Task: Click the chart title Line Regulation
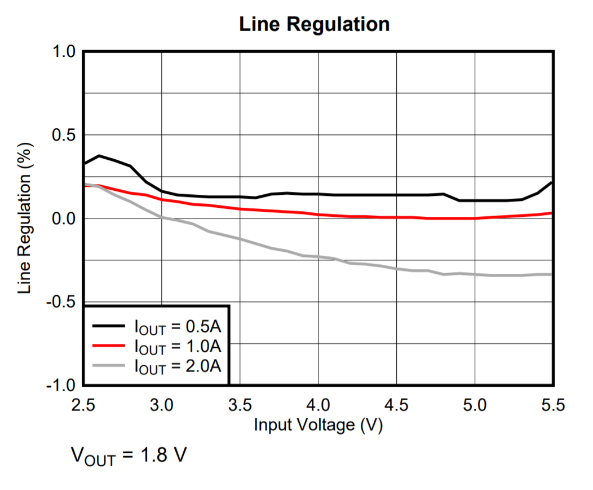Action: point(314,24)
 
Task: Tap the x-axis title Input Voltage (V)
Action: point(318,425)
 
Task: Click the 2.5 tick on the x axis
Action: point(83,405)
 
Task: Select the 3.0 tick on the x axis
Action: point(162,405)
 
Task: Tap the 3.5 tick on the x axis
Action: point(240,405)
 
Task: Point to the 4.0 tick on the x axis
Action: point(318,405)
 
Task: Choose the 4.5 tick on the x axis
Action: point(396,405)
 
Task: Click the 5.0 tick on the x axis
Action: point(475,405)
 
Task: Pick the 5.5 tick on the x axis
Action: point(552,405)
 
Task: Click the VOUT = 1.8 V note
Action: point(128,455)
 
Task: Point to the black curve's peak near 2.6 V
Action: point(99,155)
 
